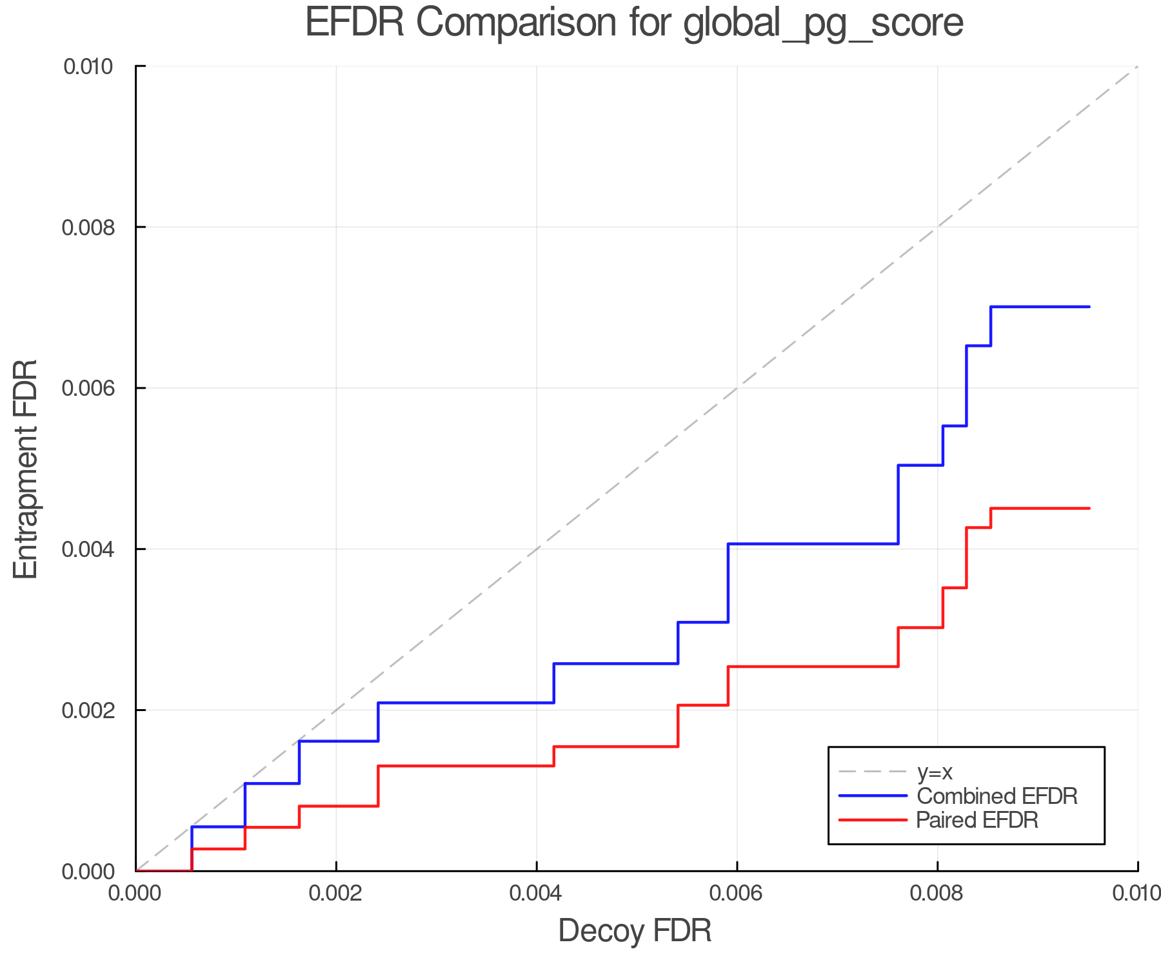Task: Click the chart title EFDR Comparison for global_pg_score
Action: tap(634, 23)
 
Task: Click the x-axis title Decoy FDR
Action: tap(634, 931)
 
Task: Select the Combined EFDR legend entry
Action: tap(997, 796)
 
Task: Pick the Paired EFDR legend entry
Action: tap(977, 820)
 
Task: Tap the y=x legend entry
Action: tap(935, 772)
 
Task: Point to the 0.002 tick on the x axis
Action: tap(336, 894)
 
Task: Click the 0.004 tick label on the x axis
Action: tap(537, 894)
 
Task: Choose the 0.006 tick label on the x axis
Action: tap(737, 894)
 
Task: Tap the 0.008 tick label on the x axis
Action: tap(937, 894)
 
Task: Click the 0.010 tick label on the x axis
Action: tap(1136, 894)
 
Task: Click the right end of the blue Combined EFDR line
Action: tap(1089, 307)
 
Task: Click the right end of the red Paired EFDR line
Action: tap(1089, 509)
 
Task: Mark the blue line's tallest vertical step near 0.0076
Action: tap(898, 504)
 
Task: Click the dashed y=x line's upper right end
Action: tap(1136, 67)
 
